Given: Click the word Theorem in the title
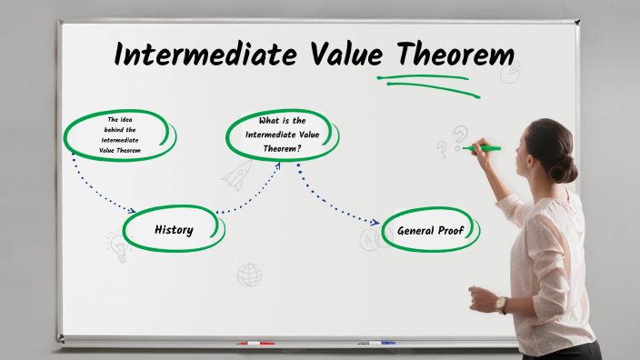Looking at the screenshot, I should pyautogui.click(x=448, y=55).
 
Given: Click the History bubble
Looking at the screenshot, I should pyautogui.click(x=173, y=229).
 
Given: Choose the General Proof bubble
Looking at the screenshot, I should pyautogui.click(x=430, y=230).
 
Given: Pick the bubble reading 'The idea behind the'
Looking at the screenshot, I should pyautogui.click(x=120, y=135).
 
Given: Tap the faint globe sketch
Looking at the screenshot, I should pyautogui.click(x=249, y=274).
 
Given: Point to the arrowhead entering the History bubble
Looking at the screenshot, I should pyautogui.click(x=132, y=211).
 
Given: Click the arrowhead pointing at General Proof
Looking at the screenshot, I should pyautogui.click(x=375, y=222).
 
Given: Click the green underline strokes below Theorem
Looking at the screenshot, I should pyautogui.click(x=427, y=82).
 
